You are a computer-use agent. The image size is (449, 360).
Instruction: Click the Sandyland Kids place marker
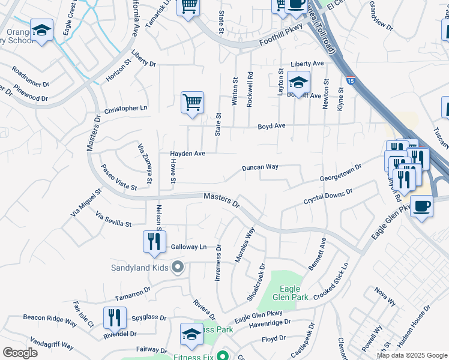[x=177, y=267]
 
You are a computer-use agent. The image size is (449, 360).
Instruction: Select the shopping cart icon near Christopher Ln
[x=192, y=102]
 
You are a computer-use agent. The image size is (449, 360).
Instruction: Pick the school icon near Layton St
[x=298, y=82]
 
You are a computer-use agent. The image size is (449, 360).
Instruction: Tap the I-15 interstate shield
[x=351, y=79]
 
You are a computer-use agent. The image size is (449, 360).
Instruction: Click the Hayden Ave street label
[x=187, y=154]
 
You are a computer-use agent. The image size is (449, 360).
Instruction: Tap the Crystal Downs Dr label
[x=328, y=197]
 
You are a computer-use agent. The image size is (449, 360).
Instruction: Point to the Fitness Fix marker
[x=223, y=355]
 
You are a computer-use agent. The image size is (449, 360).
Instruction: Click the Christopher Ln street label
[x=125, y=108]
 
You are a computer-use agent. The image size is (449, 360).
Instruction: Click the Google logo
[x=20, y=353]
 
